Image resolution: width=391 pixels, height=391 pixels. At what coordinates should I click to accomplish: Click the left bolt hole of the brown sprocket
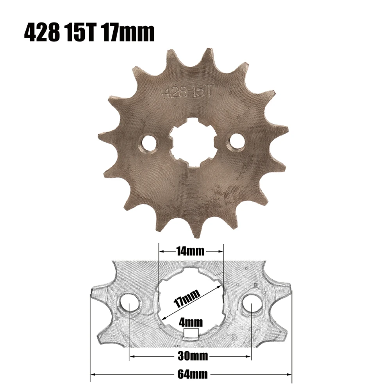150,143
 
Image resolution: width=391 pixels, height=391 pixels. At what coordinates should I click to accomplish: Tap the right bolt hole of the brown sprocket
236,141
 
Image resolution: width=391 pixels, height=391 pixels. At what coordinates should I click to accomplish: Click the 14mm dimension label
191,252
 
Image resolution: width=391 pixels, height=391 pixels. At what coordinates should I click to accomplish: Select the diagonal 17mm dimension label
187,298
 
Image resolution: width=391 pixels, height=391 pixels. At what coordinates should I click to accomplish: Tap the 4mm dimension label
191,322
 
